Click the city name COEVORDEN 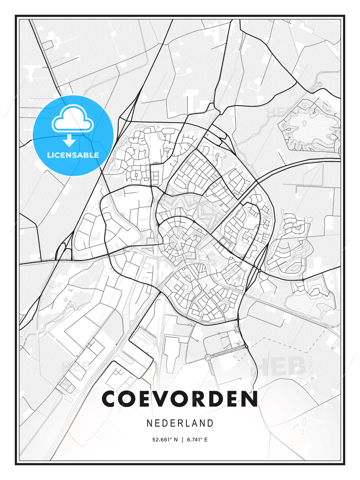(180, 399)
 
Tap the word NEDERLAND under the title (180, 423)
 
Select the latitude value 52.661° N (165, 440)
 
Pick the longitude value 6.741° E (197, 440)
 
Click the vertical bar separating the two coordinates (182, 440)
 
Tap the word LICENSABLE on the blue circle (73, 155)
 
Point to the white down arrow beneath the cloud (69, 140)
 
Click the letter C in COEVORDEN (110, 399)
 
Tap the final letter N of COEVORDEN (249, 399)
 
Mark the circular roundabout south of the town (208, 358)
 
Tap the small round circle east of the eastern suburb (310, 220)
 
